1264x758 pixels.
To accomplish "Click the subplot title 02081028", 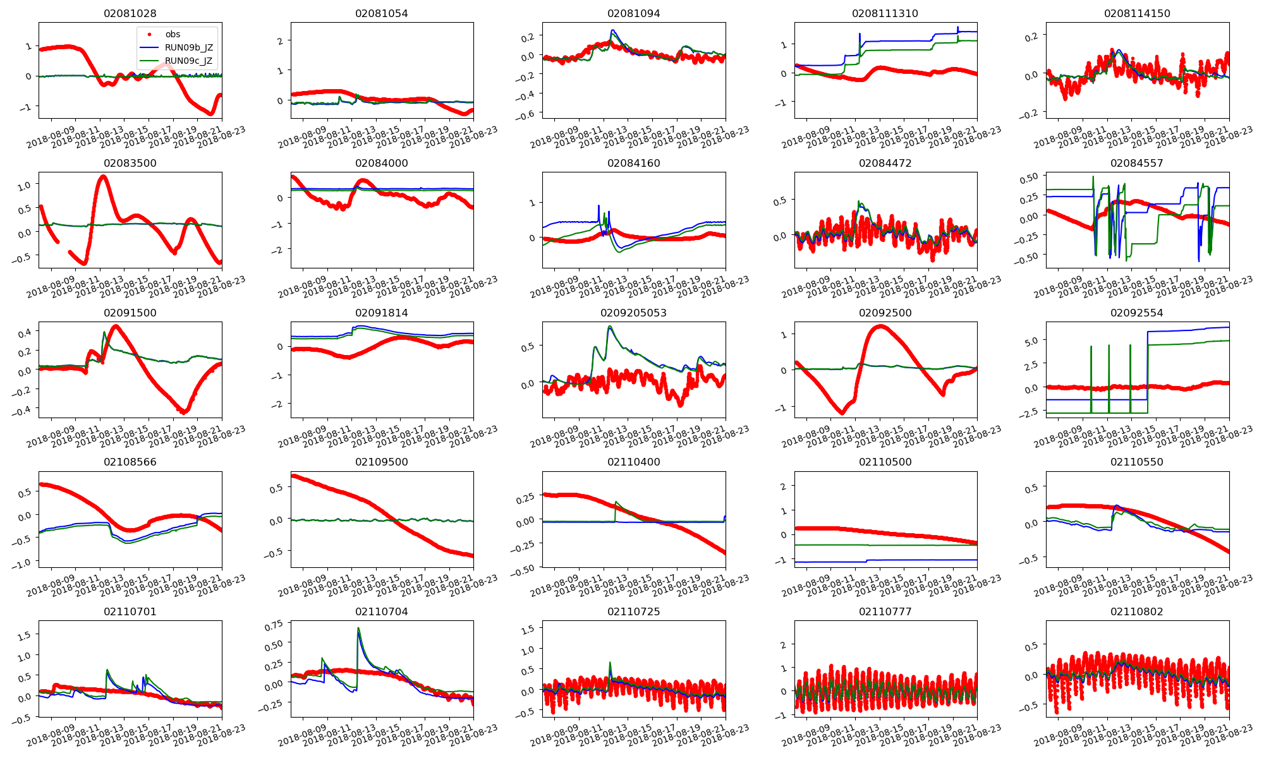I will coord(130,13).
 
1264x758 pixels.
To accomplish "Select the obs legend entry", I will coord(173,34).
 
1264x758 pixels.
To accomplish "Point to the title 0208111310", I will coord(885,13).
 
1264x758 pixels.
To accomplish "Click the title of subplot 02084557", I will coord(1136,163).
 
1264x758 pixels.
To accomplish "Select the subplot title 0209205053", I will coord(633,313).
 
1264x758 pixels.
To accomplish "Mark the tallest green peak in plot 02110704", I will coord(358,628).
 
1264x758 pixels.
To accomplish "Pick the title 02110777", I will coord(885,611).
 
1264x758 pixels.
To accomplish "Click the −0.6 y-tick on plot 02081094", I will coord(525,114).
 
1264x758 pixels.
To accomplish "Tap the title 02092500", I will coord(885,313).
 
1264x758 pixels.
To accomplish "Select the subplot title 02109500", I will coord(381,462).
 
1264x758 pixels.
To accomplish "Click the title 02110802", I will coord(1136,611).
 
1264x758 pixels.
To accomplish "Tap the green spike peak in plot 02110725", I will coord(610,663).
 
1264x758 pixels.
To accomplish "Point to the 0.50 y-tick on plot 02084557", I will coord(1029,179).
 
